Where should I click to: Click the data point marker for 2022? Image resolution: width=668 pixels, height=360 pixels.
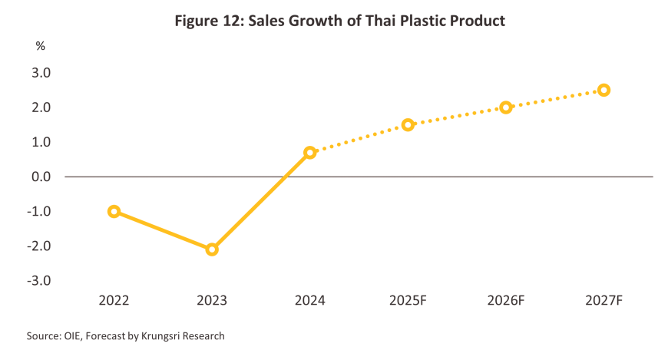[x=114, y=211]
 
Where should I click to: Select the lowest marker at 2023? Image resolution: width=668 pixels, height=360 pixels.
[x=212, y=249]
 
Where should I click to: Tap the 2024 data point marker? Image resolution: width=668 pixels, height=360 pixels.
[x=309, y=153]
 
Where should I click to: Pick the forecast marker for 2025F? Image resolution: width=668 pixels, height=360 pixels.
[x=408, y=124]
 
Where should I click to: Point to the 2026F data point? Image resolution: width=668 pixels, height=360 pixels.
[x=506, y=107]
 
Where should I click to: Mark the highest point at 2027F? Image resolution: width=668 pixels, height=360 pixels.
[x=604, y=90]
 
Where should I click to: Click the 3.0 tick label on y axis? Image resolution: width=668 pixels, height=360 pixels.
[x=41, y=73]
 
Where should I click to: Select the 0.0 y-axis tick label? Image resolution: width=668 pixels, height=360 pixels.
[x=41, y=177]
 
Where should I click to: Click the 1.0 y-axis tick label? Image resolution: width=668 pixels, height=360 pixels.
[x=41, y=142]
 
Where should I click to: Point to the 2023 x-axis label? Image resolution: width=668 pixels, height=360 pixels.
[x=212, y=300]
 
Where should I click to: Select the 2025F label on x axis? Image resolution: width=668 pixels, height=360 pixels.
[x=408, y=300]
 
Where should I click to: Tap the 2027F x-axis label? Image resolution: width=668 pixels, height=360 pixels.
[x=604, y=300]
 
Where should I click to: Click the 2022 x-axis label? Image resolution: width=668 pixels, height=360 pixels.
[x=114, y=300]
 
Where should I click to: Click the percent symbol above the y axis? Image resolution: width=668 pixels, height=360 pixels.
[x=41, y=46]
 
